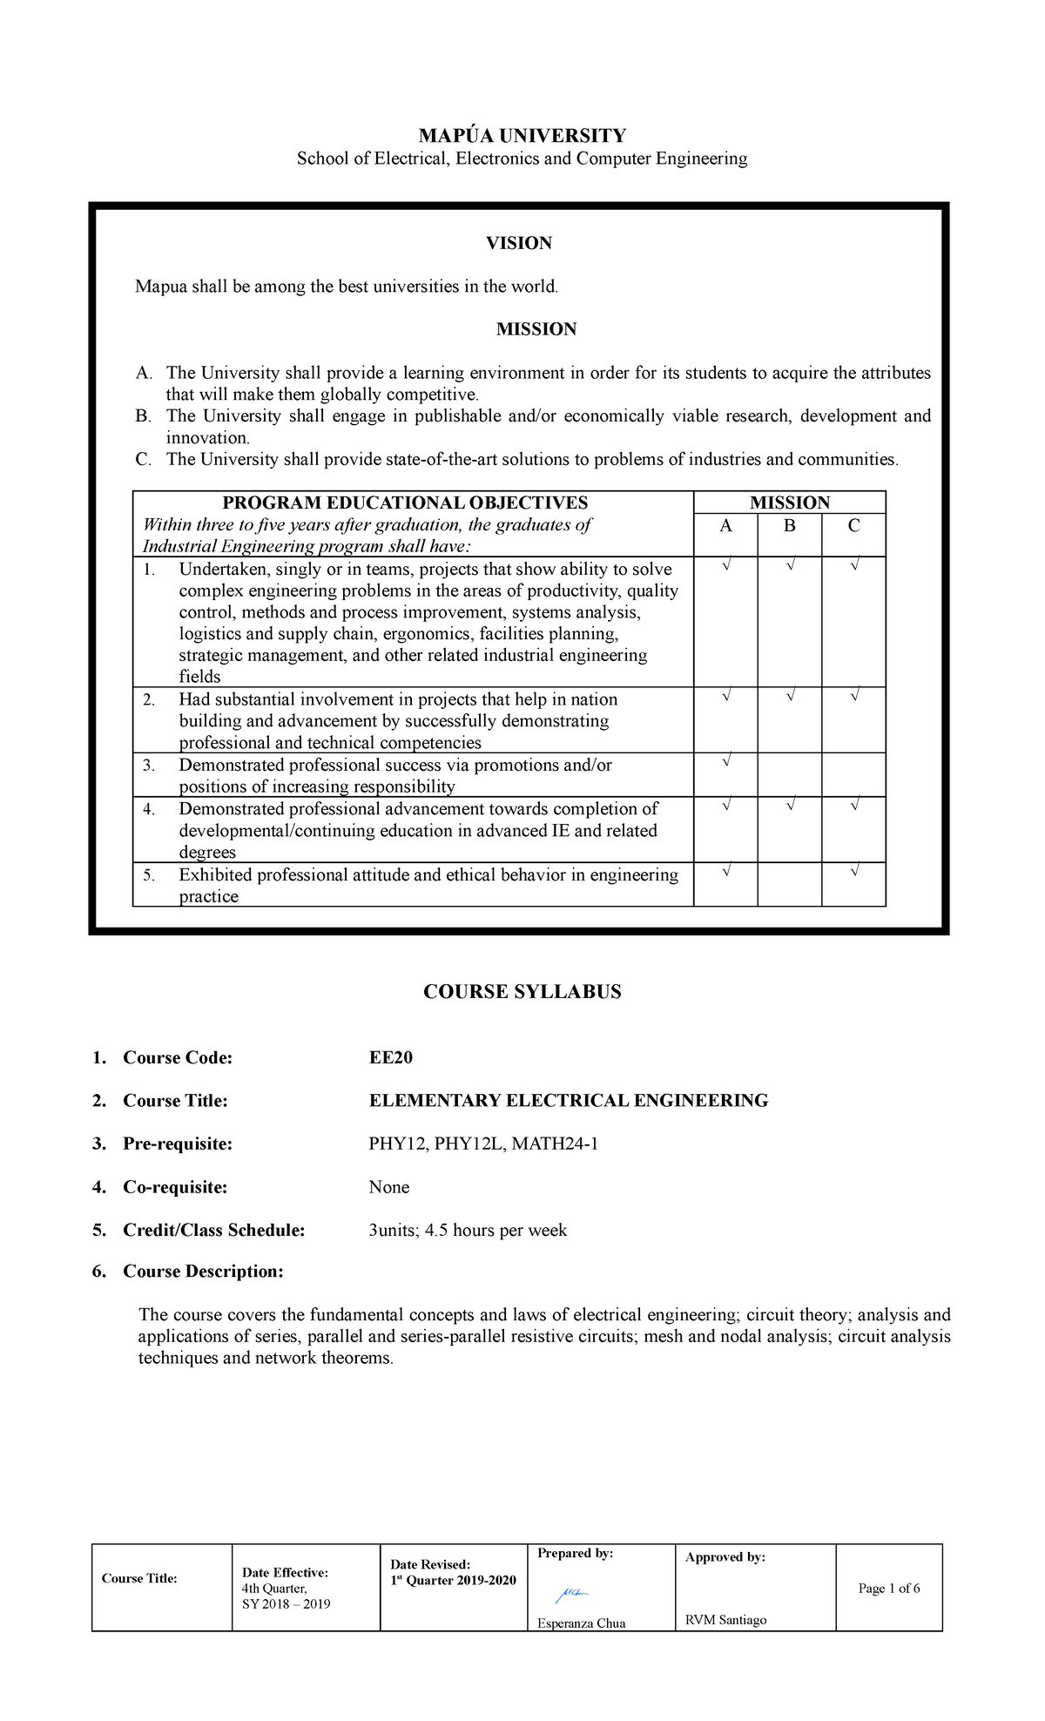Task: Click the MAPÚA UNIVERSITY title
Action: coord(522,136)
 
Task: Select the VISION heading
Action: coord(519,243)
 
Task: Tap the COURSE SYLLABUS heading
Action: coord(522,992)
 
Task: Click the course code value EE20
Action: coord(390,1057)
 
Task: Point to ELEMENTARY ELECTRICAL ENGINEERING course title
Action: coord(568,1101)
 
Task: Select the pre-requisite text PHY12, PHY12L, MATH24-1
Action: coord(483,1144)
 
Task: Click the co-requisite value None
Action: coord(388,1187)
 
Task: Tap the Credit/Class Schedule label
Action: coord(213,1230)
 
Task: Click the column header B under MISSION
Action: coord(789,526)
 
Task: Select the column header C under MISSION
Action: coord(853,526)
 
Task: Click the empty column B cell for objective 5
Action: coord(789,884)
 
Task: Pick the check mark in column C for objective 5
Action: coord(854,871)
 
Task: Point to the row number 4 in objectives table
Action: coord(149,810)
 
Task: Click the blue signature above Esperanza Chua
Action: coord(572,1594)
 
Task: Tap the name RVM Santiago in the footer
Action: coord(725,1620)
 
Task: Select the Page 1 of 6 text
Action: coord(888,1588)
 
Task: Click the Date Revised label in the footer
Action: coord(430,1564)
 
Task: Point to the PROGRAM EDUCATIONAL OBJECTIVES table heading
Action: coord(405,503)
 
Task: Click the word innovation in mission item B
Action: coord(206,438)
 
